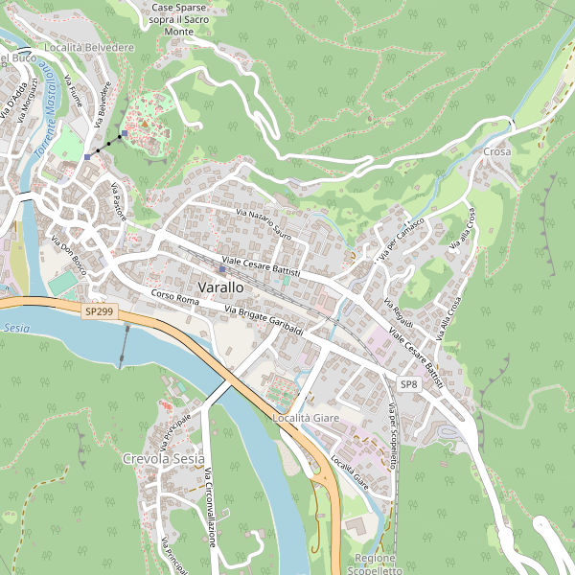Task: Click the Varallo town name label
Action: tap(219, 287)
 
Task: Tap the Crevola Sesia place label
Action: tap(164, 460)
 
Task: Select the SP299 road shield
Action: tap(98, 311)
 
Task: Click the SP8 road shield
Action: tap(409, 384)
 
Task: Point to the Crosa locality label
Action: tap(497, 152)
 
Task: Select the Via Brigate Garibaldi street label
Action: tap(264, 320)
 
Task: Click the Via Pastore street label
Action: tap(119, 202)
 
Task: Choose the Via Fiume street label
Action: tap(73, 91)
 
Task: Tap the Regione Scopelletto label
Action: tap(375, 563)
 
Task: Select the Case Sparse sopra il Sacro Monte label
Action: tap(192, 19)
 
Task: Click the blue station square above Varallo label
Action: tap(221, 269)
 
